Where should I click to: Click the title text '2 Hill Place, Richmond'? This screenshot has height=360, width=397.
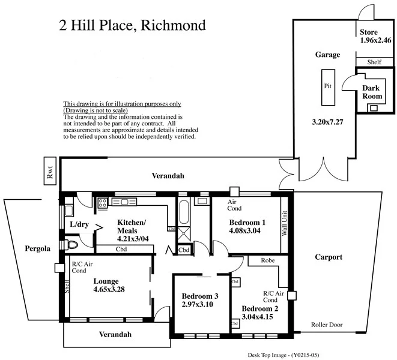coord(132,25)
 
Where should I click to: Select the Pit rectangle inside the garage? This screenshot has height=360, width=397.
coord(327,86)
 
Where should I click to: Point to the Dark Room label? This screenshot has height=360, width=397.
coord(372,92)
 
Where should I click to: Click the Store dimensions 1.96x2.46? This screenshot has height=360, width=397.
coord(375,41)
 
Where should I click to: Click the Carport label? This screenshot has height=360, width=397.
coord(328,257)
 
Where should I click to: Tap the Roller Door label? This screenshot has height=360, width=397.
coord(327,325)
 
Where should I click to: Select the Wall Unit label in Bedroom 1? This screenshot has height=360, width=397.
coord(285,224)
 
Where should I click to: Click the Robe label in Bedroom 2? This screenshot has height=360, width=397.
coord(268,261)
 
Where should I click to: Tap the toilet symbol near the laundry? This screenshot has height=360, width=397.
coord(72,245)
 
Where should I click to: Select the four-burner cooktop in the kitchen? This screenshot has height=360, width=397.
coord(102,203)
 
